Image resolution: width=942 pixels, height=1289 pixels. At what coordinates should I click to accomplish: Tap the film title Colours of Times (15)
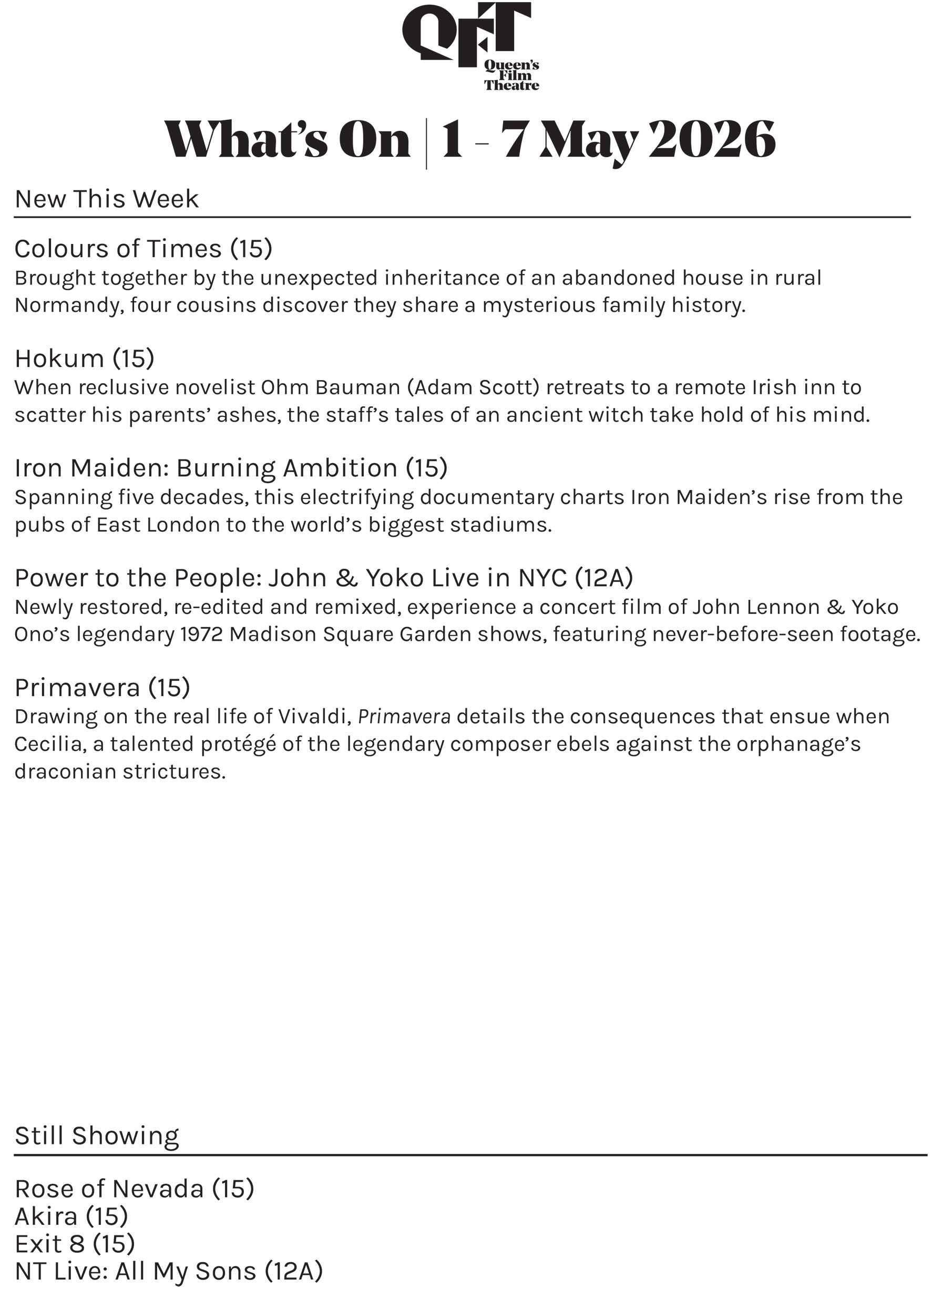(143, 249)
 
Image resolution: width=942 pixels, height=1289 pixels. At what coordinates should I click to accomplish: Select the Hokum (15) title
(85, 359)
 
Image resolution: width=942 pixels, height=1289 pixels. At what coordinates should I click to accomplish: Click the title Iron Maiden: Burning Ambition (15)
(231, 468)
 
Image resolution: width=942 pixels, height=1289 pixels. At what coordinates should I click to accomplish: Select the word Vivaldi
(314, 717)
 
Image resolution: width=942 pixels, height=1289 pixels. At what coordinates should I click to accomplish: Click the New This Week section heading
(107, 199)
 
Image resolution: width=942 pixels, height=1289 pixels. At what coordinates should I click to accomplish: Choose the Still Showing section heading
(97, 1136)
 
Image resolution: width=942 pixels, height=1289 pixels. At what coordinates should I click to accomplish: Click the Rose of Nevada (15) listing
(134, 1189)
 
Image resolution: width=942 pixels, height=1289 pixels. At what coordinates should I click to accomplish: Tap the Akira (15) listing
(71, 1216)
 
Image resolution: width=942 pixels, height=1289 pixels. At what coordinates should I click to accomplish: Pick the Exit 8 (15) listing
(75, 1244)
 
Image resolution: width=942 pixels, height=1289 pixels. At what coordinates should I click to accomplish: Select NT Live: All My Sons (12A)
(169, 1271)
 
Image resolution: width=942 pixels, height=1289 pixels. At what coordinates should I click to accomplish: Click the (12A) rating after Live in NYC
(604, 578)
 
